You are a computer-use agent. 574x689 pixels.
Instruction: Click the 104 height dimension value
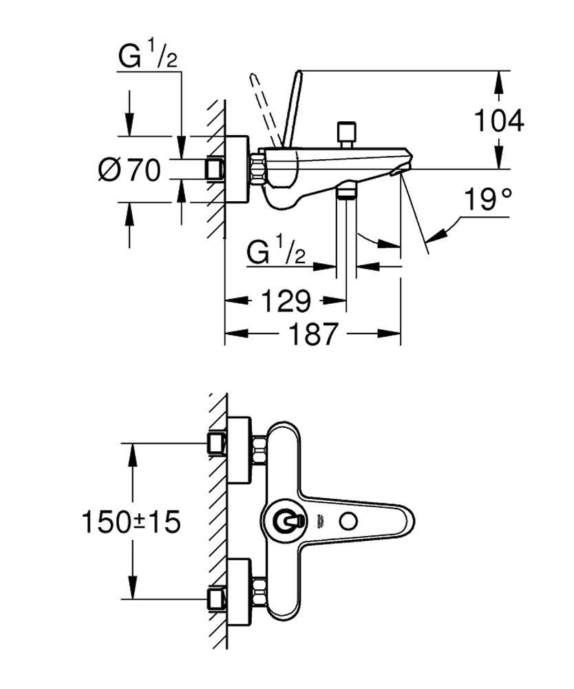(500, 121)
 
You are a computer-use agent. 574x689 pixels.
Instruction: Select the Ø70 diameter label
(129, 169)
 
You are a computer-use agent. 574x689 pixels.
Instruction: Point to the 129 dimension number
(286, 300)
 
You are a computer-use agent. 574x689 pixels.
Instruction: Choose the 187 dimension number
(312, 334)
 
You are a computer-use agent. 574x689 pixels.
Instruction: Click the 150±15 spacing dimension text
(131, 522)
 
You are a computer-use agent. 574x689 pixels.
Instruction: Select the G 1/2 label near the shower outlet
(276, 252)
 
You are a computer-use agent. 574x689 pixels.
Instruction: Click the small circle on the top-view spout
(349, 522)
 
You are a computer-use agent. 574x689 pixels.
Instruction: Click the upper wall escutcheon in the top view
(238, 452)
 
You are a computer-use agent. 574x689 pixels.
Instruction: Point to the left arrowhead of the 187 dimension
(230, 334)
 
